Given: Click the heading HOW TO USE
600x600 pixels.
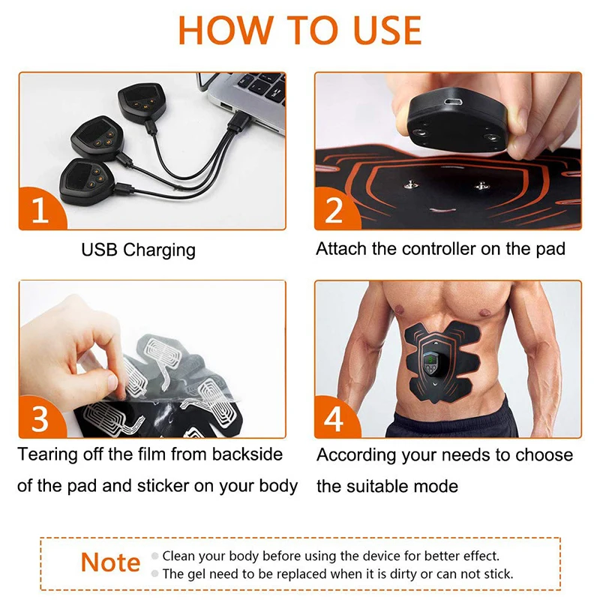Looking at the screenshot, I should [x=300, y=30].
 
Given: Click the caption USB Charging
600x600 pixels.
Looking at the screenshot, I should [x=138, y=250].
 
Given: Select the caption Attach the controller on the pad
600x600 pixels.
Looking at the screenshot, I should [x=440, y=249].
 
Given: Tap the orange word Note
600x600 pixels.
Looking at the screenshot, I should [x=110, y=562].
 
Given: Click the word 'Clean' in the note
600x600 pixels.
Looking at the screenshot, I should [x=178, y=556].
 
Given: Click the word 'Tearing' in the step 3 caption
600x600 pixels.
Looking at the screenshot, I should [x=47, y=454].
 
